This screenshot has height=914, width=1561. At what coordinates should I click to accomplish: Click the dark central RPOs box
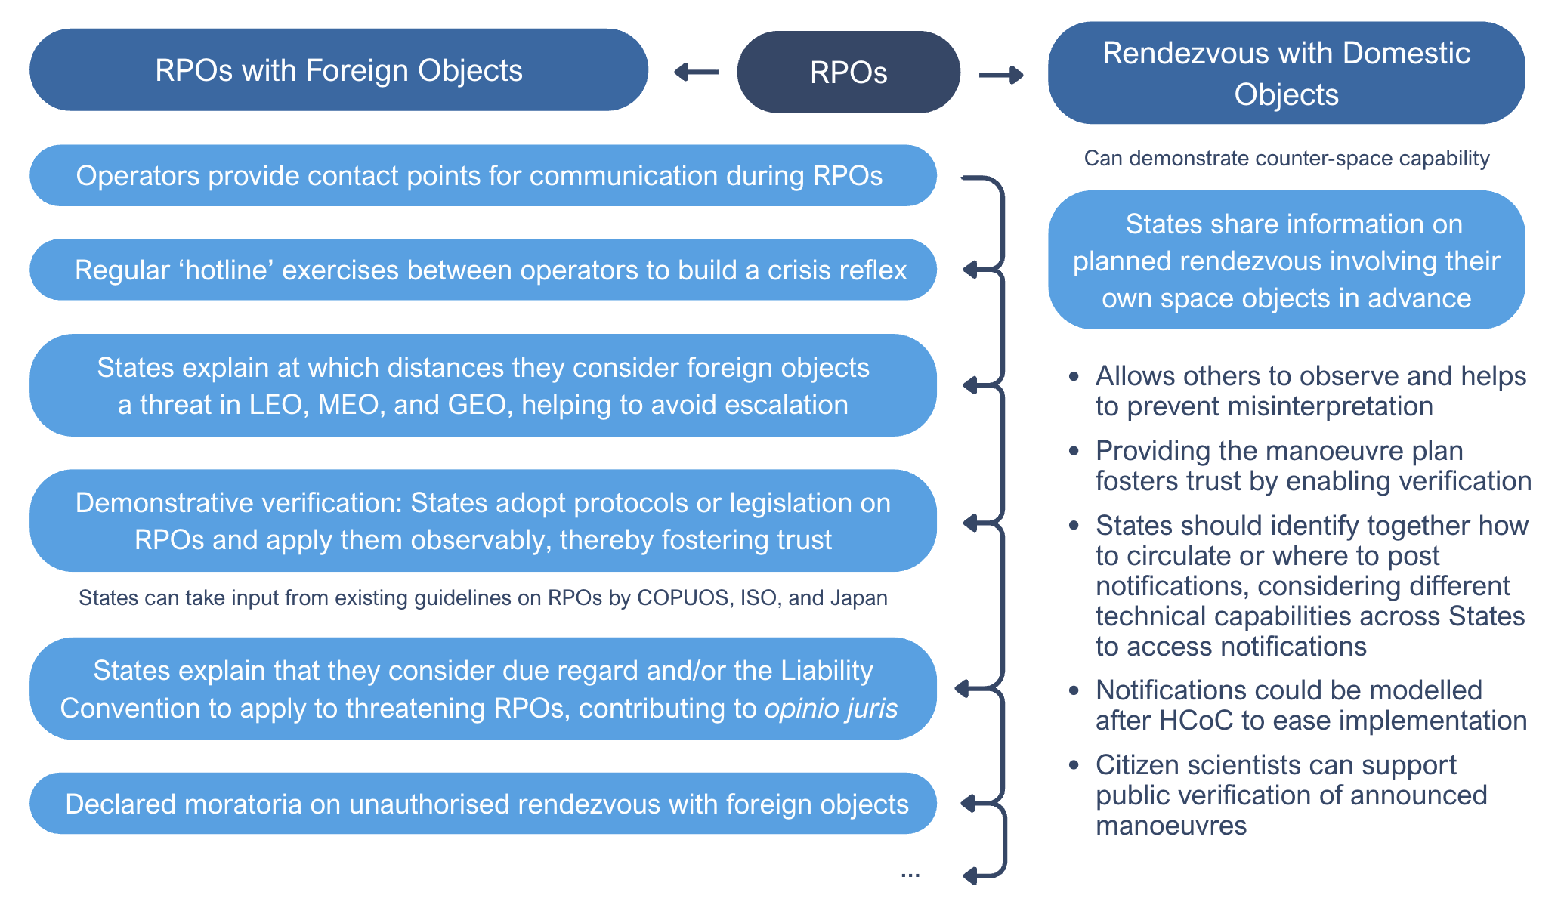[x=848, y=73]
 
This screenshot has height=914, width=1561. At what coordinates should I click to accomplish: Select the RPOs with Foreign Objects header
[x=338, y=70]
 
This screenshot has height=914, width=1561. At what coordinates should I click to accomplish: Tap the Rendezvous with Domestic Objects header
[x=1286, y=73]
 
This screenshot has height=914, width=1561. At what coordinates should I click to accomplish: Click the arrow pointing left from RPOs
[x=696, y=73]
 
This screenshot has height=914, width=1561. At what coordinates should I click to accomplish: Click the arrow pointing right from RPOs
[x=1001, y=75]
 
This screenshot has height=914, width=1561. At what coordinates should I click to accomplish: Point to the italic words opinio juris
[x=831, y=709]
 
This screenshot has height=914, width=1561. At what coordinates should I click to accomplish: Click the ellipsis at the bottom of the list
[x=910, y=874]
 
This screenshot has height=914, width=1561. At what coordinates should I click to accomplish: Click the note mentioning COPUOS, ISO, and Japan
[x=483, y=597]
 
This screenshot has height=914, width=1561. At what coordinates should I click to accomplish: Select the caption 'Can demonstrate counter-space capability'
[x=1286, y=159]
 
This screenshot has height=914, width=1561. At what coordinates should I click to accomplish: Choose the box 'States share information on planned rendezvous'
[x=1286, y=261]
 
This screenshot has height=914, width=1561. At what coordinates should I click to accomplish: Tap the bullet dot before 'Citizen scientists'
[x=1074, y=765]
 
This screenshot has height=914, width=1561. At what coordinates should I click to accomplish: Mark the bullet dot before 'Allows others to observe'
[x=1074, y=376]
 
